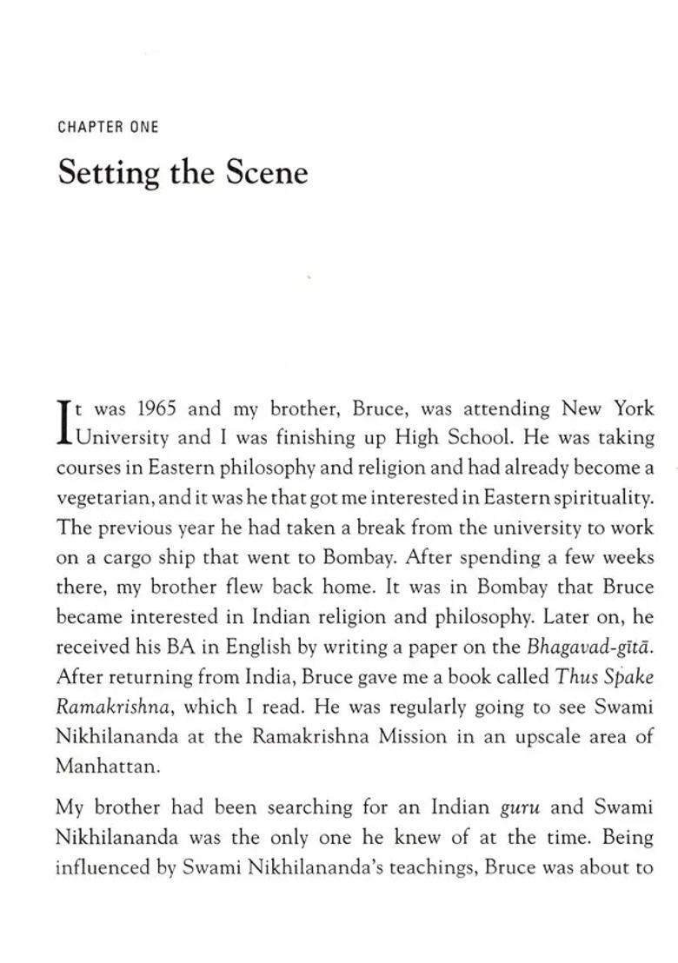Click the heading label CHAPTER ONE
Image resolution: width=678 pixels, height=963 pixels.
click(x=108, y=127)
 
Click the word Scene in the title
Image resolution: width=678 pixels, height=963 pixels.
click(x=267, y=172)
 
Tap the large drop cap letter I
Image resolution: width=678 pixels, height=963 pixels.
click(x=63, y=422)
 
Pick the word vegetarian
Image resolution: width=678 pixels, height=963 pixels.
click(x=93, y=498)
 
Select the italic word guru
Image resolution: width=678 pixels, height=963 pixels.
click(x=521, y=807)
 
